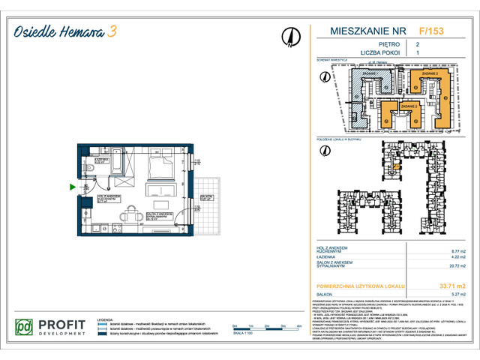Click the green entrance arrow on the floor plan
[x=71, y=187]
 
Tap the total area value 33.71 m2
[x=451, y=286]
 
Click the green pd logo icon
[x=25, y=328]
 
